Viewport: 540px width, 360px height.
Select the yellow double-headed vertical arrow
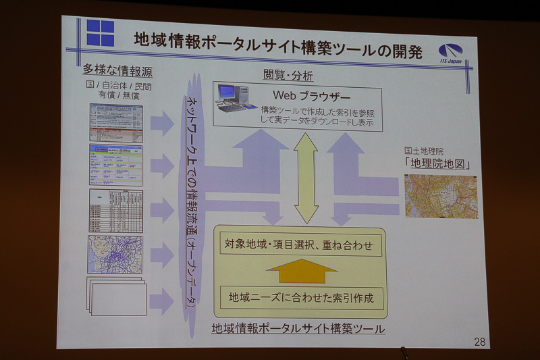(x=306, y=178)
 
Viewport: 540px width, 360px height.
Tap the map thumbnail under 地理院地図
(x=440, y=196)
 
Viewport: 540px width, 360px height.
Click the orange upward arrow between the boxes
(x=301, y=271)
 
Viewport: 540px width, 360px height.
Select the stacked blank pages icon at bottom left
(x=116, y=295)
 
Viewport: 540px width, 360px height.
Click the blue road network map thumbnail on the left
(x=115, y=254)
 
